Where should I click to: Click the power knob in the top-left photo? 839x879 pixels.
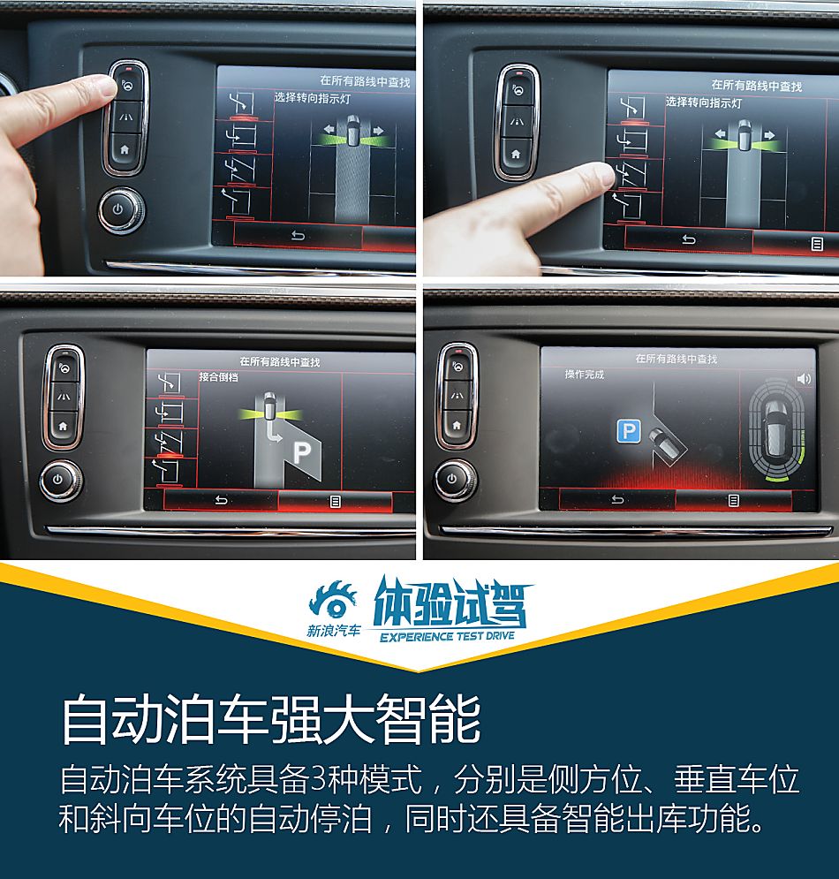click(122, 210)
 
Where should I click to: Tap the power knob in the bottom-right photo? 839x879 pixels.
click(453, 481)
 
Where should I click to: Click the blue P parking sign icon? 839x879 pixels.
click(628, 431)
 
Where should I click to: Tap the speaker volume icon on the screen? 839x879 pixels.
click(803, 378)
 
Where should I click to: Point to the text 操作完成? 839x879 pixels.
click(585, 375)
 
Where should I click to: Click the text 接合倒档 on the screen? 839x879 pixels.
click(219, 376)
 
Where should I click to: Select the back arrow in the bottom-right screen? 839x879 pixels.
click(617, 500)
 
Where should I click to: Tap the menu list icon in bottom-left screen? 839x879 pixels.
click(336, 501)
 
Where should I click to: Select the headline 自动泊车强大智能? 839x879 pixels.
click(270, 720)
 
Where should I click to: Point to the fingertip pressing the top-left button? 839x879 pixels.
click(104, 87)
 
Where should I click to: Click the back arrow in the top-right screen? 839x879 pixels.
click(689, 239)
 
